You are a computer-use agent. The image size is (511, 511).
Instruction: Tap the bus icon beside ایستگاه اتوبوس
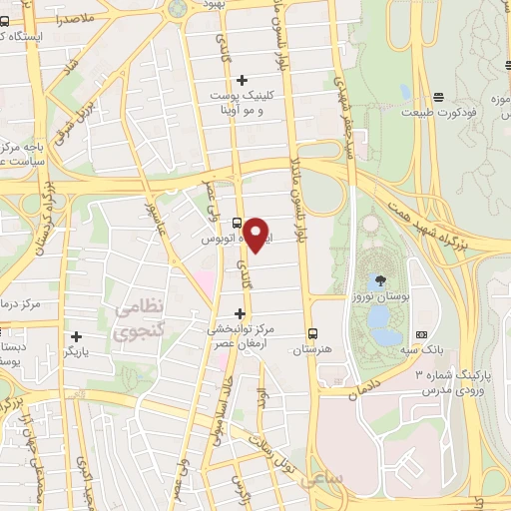[x=237, y=223]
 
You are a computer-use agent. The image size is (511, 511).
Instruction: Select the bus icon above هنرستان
[x=314, y=333]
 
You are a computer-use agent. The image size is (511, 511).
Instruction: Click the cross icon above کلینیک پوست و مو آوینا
[x=242, y=79]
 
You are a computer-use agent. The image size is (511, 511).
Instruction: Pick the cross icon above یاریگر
[x=77, y=335]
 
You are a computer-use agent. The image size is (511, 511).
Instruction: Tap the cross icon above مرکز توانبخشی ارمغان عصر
[x=239, y=312]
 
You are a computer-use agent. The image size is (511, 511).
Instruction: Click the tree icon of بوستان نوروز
[x=383, y=280]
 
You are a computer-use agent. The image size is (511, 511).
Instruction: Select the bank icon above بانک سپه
[x=421, y=334]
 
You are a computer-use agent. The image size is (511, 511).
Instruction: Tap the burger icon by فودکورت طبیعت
[x=439, y=97]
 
